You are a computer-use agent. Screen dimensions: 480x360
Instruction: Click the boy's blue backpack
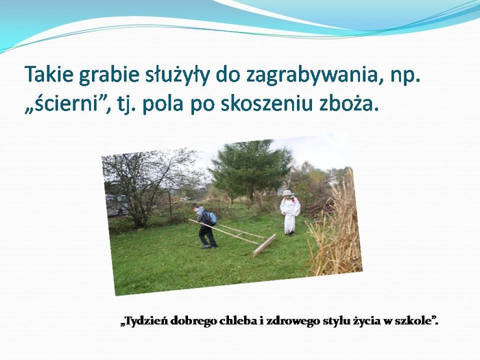click(211, 218)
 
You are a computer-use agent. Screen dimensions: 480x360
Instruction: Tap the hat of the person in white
click(287, 193)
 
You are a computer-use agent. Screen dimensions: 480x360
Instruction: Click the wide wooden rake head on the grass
click(265, 245)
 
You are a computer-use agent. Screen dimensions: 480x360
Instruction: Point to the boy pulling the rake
click(206, 226)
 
